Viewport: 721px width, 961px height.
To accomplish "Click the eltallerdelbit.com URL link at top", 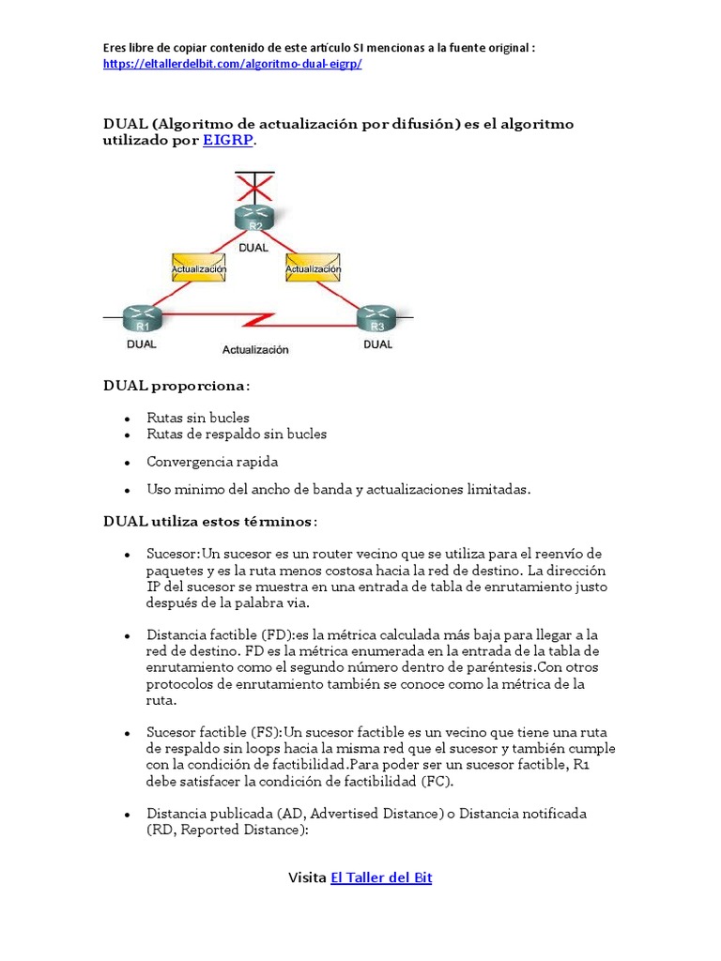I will pyautogui.click(x=232, y=63).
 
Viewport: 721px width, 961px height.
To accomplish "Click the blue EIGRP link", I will pyautogui.click(x=228, y=141).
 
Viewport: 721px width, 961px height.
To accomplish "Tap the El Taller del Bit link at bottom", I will pyautogui.click(x=381, y=877).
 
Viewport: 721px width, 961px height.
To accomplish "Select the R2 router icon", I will pyautogui.click(x=253, y=218).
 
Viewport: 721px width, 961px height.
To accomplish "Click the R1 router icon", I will pyautogui.click(x=142, y=319).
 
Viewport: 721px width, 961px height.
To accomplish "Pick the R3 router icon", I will pyautogui.click(x=377, y=319).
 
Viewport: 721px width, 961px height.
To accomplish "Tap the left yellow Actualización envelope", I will pyautogui.click(x=199, y=267).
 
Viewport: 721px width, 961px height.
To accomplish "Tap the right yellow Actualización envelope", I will pyautogui.click(x=312, y=267).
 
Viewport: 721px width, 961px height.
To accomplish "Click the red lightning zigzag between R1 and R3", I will pyautogui.click(x=256, y=320).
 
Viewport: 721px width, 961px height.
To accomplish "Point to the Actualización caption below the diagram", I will pyautogui.click(x=255, y=350).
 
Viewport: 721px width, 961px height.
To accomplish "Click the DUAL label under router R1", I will pyautogui.click(x=142, y=344).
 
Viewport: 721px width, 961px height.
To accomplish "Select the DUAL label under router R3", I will pyautogui.click(x=377, y=344).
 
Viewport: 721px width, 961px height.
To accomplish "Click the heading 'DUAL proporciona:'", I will pyautogui.click(x=177, y=386).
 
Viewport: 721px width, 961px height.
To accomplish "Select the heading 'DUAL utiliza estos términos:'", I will pyautogui.click(x=210, y=521).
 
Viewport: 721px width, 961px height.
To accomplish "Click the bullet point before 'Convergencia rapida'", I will pyautogui.click(x=127, y=463).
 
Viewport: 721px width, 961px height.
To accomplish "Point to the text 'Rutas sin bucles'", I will pyautogui.click(x=198, y=417).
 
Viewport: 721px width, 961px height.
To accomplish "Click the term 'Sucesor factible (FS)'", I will pyautogui.click(x=213, y=731).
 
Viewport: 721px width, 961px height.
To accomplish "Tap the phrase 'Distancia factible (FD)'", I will pyautogui.click(x=218, y=635).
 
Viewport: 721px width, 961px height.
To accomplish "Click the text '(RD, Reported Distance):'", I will pyautogui.click(x=227, y=830).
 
